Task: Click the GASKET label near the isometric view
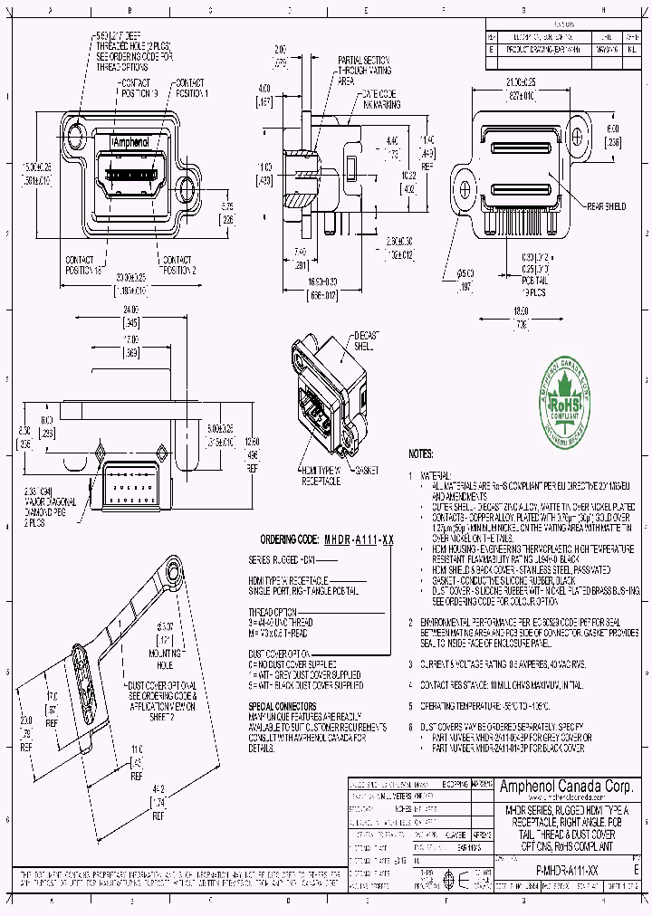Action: pos(368,471)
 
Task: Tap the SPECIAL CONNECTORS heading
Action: pos(282,704)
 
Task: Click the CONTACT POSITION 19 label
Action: pos(139,88)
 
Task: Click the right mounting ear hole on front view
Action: pos(188,188)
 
